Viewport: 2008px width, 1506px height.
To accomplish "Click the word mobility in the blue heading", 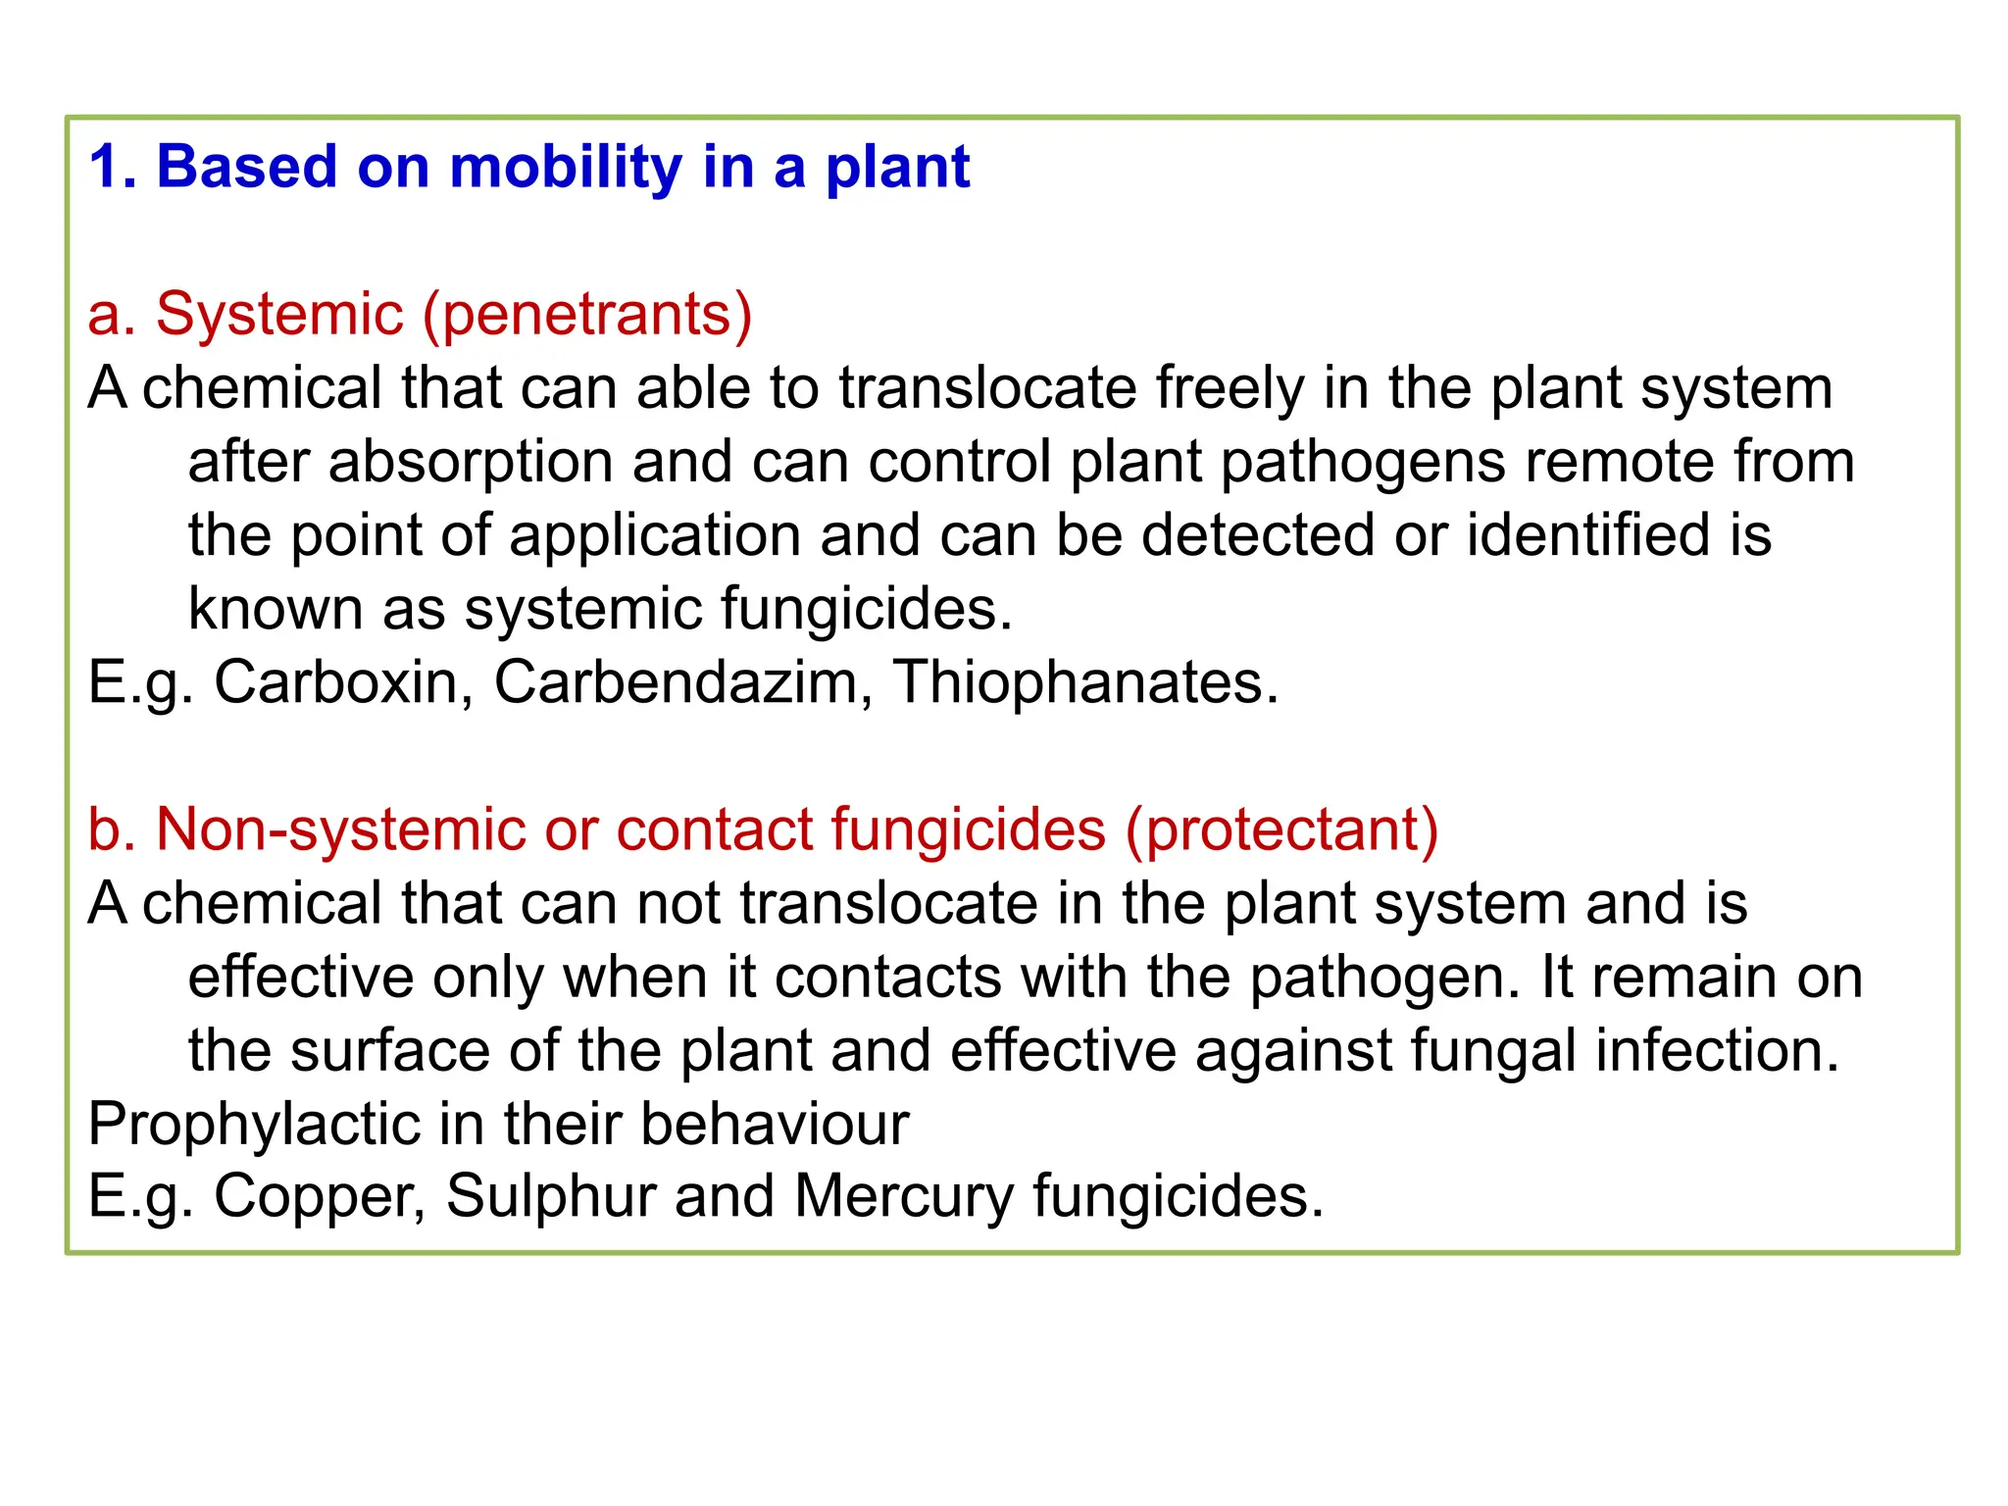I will pos(565,167).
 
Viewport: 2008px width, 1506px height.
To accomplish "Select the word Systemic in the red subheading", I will pos(279,315).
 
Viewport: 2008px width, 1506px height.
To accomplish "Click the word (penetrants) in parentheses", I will pos(587,315).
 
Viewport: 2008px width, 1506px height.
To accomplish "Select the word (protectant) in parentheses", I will pos(1281,829).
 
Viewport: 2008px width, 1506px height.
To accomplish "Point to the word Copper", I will pos(320,1197).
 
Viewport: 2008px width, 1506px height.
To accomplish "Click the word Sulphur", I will pos(550,1197).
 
